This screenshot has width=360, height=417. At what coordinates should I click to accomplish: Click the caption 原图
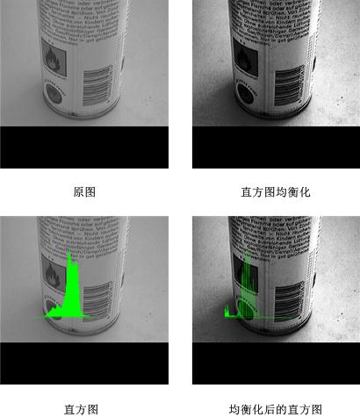coord(84,191)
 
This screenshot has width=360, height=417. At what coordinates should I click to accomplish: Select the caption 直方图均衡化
coord(276,191)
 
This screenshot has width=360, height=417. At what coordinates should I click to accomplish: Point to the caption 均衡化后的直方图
coord(276,409)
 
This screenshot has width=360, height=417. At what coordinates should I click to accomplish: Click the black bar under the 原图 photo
coord(83,147)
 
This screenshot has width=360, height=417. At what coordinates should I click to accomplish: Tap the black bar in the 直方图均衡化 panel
coord(276,147)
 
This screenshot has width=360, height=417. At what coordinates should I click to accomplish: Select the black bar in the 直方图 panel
coord(83,363)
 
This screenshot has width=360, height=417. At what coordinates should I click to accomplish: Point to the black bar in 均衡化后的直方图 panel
coord(276,363)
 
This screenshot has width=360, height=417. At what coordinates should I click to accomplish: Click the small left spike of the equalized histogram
coord(227,310)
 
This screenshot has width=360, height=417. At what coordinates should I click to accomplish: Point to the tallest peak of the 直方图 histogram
coord(69,256)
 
